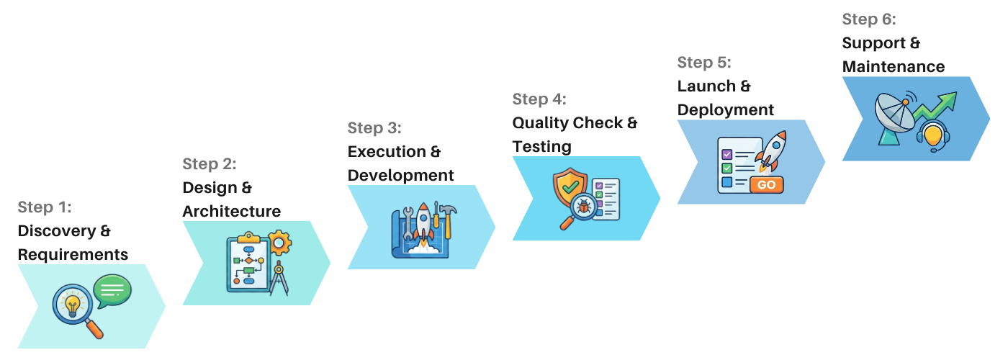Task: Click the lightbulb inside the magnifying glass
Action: (x=73, y=305)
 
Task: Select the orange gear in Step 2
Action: (x=279, y=243)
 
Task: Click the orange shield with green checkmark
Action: (x=570, y=187)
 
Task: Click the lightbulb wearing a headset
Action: (x=934, y=135)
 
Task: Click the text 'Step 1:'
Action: (x=45, y=207)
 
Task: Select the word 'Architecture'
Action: (x=231, y=212)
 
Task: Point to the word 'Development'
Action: (x=400, y=176)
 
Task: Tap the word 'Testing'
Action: (x=541, y=147)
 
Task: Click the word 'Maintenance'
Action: (x=893, y=67)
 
